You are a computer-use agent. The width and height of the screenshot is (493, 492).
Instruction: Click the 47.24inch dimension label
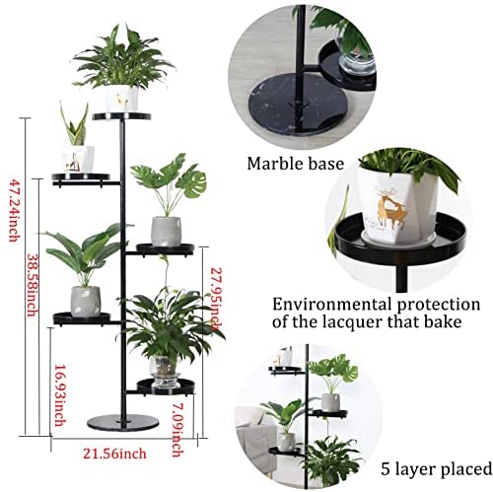click(14, 210)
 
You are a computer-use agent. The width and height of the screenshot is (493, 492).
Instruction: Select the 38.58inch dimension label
click(32, 285)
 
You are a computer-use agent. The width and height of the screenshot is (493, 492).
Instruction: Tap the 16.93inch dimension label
click(59, 395)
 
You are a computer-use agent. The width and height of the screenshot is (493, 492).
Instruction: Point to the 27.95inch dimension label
click(216, 299)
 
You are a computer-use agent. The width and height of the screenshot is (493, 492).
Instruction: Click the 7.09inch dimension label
click(177, 430)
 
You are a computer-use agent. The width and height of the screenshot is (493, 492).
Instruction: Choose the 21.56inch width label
click(114, 454)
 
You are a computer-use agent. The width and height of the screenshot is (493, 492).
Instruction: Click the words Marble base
click(295, 164)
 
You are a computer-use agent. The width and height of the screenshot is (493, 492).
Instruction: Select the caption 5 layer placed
click(437, 468)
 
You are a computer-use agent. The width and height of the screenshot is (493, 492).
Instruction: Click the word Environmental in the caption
click(332, 305)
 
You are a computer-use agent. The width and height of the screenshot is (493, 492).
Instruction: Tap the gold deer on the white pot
click(391, 209)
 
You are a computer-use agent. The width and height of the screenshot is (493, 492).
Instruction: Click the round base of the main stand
click(123, 422)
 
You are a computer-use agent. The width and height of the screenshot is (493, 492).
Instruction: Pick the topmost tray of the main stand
click(121, 116)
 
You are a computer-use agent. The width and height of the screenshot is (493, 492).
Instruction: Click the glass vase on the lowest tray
click(165, 371)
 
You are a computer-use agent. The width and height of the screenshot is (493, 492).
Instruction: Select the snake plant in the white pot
click(75, 124)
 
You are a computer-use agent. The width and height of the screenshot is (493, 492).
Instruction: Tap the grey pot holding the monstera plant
click(166, 232)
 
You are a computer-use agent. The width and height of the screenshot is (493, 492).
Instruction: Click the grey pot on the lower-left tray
click(86, 302)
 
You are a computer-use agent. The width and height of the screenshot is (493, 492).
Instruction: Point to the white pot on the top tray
click(121, 99)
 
